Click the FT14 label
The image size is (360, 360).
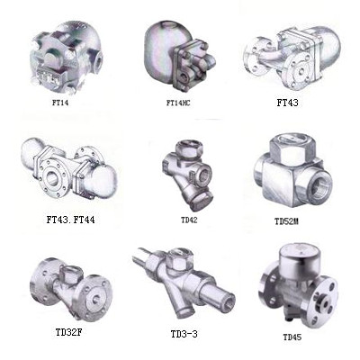60,103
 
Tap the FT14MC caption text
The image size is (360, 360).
178,103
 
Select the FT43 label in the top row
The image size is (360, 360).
287,103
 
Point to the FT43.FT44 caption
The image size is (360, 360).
71,220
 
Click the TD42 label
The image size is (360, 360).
189,220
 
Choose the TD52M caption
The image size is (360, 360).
286,221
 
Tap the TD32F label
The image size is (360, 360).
68,332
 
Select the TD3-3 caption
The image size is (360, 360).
184,334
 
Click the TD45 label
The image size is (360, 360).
292,337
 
